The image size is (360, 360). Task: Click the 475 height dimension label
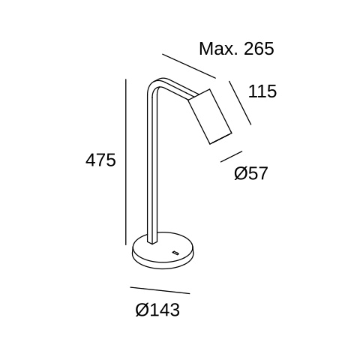pyautogui.click(x=100, y=160)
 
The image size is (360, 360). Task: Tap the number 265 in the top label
pyautogui.click(x=259, y=49)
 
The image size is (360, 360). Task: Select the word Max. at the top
pyautogui.click(x=218, y=49)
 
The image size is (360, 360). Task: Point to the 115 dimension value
pyautogui.click(x=262, y=91)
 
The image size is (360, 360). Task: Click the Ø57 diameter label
pyautogui.click(x=250, y=173)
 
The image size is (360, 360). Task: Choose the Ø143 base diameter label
pyautogui.click(x=157, y=310)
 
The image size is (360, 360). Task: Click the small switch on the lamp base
pyautogui.click(x=175, y=253)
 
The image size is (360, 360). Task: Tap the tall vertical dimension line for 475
pyautogui.click(x=126, y=162)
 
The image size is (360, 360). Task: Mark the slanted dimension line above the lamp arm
pyautogui.click(x=189, y=66)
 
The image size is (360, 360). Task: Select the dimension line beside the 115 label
pyautogui.click(x=240, y=103)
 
